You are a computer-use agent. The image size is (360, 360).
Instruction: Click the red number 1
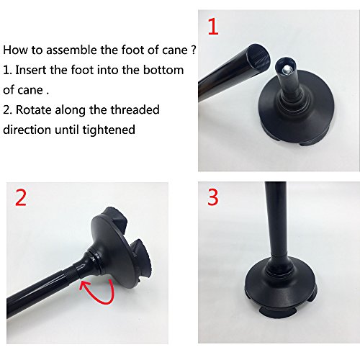[213, 27]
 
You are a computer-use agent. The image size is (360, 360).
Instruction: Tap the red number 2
[21, 197]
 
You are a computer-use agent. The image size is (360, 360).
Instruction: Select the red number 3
[213, 197]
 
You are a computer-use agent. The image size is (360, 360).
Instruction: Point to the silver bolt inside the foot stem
[287, 70]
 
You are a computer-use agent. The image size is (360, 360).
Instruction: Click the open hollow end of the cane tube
[259, 57]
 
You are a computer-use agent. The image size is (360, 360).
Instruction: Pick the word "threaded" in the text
[136, 109]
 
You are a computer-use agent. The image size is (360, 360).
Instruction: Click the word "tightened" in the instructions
[109, 130]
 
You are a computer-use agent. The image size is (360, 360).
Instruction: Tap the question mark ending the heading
[194, 50]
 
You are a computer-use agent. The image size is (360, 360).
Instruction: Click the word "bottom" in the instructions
[163, 70]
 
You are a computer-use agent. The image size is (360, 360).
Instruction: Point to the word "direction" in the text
[27, 130]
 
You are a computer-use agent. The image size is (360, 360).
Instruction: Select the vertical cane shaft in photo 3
[276, 221]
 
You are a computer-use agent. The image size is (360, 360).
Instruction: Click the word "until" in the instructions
[67, 130]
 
